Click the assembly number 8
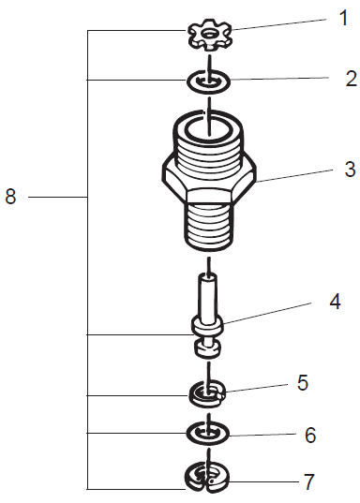11,198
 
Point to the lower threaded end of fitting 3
209,226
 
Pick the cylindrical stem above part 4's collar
207,294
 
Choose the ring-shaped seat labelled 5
207,392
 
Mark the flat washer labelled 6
208,434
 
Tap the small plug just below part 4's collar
207,349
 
